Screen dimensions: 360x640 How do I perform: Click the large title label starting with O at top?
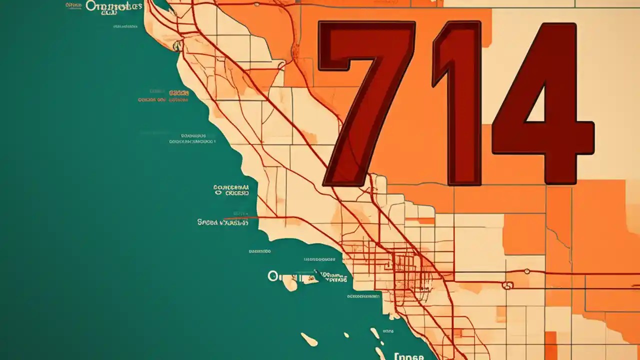[114, 6]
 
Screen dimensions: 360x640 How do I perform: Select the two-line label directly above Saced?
[231, 189]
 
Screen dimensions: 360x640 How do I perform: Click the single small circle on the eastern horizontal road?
[526, 271]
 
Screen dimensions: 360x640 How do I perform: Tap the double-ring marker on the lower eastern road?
[507, 286]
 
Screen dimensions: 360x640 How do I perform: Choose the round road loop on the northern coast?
[177, 46]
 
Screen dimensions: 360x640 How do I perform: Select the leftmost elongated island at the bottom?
[309, 339]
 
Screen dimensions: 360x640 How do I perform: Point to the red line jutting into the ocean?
[240, 218]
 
